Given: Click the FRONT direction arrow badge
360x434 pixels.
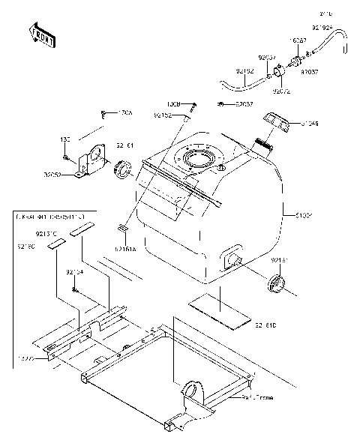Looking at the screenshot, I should pyautogui.click(x=42, y=35).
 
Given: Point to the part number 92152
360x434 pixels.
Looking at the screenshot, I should pyautogui.click(x=163, y=116).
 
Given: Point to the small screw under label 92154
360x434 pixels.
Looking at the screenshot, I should pyautogui.click(x=75, y=289).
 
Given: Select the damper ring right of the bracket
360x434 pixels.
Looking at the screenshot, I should pyautogui.click(x=121, y=172).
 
